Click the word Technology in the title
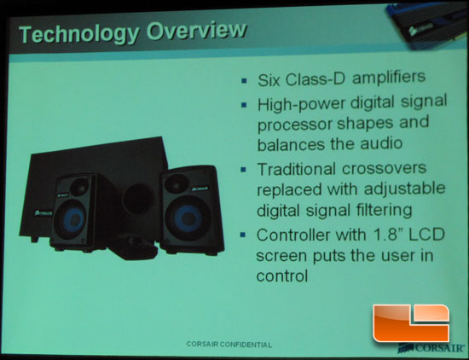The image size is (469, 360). click(79, 34)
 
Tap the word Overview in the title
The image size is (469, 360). click(196, 30)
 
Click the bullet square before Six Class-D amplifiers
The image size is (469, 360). click(244, 80)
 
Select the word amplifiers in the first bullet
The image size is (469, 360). click(389, 78)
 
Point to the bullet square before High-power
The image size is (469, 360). click(244, 105)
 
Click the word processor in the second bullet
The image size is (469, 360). click(295, 125)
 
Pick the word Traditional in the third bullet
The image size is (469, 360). click(296, 169)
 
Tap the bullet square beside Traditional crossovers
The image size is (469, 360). click(244, 170)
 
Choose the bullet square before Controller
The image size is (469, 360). click(243, 235)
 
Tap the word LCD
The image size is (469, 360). click(427, 235)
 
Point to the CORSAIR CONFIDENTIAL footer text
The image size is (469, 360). click(229, 345)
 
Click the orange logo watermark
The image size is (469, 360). click(411, 323)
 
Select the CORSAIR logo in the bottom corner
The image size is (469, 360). click(431, 348)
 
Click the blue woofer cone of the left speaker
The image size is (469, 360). click(73, 219)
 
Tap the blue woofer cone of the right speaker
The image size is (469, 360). click(188, 218)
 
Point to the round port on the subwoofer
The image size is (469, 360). click(138, 199)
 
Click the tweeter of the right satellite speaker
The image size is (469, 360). click(177, 183)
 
